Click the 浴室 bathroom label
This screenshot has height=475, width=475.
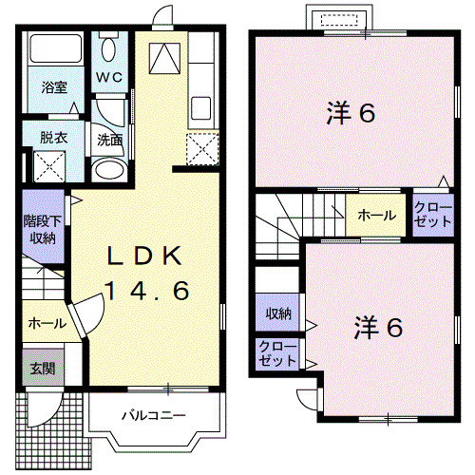point(54,87)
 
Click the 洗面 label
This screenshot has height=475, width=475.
point(108,139)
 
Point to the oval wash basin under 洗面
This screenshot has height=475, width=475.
point(110,170)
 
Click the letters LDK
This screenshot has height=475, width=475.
point(145,256)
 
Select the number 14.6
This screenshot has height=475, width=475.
point(145,291)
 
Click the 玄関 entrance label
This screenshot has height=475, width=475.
point(40,368)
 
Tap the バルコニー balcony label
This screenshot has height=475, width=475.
point(153,415)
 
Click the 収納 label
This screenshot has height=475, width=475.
point(277,314)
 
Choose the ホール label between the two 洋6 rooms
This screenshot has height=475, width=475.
point(376,216)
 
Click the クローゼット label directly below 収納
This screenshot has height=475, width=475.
point(275,354)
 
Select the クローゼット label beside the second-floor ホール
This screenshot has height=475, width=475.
point(432,215)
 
